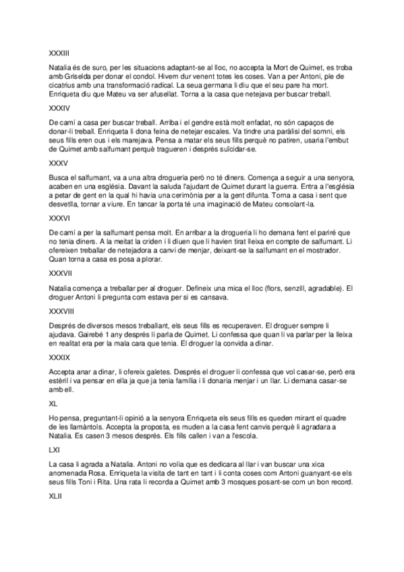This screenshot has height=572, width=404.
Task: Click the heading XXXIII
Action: coord(60,52)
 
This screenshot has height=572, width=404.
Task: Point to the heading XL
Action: coord(54,403)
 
